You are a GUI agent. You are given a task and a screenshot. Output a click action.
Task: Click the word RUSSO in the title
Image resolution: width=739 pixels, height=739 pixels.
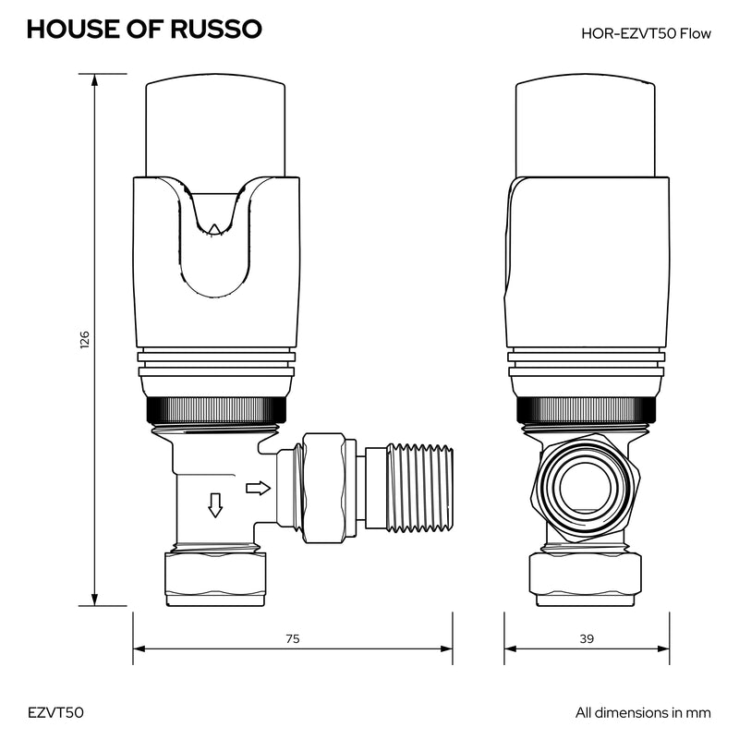[x=216, y=30]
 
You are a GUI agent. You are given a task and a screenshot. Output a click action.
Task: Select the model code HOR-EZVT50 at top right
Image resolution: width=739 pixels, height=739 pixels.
[x=628, y=33]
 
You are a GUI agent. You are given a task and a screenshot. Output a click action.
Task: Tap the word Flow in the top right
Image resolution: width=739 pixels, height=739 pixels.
[x=696, y=33]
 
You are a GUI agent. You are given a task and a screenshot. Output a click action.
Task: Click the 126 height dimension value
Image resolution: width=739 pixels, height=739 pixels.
[x=84, y=340]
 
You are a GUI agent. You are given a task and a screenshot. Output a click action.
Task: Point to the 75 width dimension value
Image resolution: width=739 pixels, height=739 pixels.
[x=293, y=638]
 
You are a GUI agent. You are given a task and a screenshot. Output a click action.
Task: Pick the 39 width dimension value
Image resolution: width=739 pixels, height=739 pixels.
[x=587, y=638]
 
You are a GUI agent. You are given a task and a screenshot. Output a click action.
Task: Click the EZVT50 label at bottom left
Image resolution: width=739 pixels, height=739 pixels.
[x=55, y=712]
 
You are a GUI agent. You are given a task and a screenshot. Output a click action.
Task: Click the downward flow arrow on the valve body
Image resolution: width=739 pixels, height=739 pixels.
[x=215, y=505]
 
